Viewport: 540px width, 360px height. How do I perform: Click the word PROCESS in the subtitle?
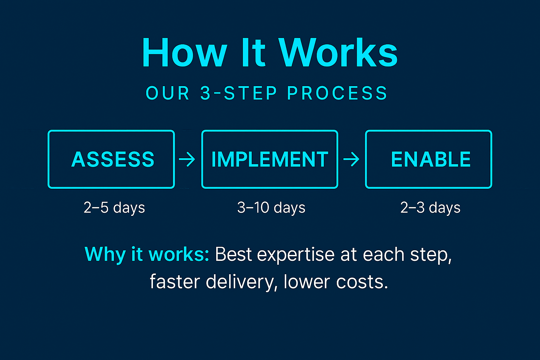pyautogui.click(x=337, y=94)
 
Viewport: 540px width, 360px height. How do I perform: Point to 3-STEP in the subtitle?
pyautogui.click(x=239, y=94)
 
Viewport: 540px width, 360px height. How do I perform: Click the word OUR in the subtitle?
pyautogui.click(x=168, y=94)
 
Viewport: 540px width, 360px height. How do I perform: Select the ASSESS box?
pyautogui.click(x=111, y=159)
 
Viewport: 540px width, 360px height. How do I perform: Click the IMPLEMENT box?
pyautogui.click(x=270, y=159)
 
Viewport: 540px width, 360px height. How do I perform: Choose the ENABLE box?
pyautogui.click(x=429, y=159)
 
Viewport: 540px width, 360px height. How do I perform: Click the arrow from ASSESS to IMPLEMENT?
pyautogui.click(x=187, y=160)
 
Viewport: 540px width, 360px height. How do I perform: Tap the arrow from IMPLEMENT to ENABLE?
pyautogui.click(x=351, y=160)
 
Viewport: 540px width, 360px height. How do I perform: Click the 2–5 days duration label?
pyautogui.click(x=114, y=207)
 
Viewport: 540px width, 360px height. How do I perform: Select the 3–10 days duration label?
pyautogui.click(x=271, y=207)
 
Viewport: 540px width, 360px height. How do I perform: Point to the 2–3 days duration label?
pyautogui.click(x=430, y=207)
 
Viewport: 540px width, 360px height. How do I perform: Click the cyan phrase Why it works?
pyautogui.click(x=147, y=254)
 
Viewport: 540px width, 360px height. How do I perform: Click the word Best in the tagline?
pyautogui.click(x=233, y=254)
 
